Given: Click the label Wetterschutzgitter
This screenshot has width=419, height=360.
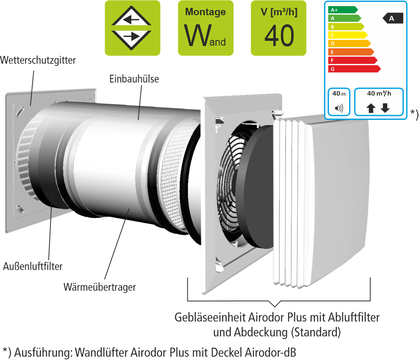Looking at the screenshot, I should [x=38, y=60].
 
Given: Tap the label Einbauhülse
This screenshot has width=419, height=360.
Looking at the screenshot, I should [x=134, y=79].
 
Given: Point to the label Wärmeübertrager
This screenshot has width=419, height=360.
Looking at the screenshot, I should [x=100, y=287].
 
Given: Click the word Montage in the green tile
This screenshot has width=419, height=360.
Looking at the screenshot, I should [x=205, y=12].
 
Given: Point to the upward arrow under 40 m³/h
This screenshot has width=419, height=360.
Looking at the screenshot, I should [x=371, y=108].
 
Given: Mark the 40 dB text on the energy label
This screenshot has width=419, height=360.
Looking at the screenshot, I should [x=338, y=93].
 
